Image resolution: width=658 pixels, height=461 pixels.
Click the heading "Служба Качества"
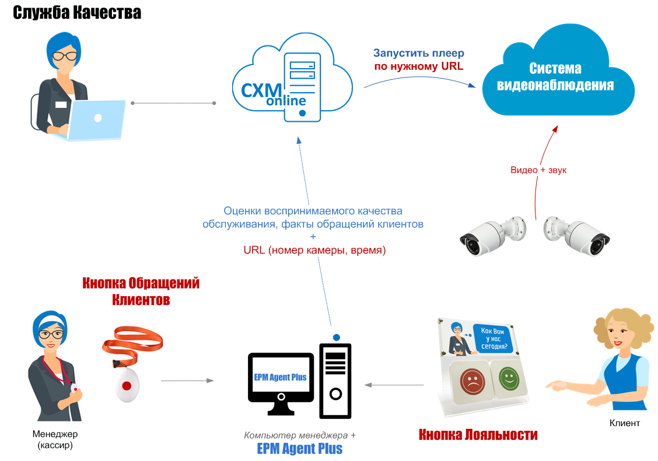point(78,13)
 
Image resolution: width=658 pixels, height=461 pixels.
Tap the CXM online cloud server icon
point(292,79)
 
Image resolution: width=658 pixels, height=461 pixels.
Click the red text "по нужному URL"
point(418,66)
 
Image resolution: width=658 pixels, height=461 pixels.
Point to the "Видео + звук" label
point(538,170)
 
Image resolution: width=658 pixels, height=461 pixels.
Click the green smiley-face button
point(509,378)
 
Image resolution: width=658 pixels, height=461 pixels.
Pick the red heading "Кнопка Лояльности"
point(478,435)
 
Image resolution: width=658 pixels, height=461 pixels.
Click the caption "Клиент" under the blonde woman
point(624,423)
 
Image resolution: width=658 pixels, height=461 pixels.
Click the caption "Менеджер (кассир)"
point(55,440)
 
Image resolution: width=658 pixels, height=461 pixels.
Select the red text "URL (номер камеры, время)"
point(314,251)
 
